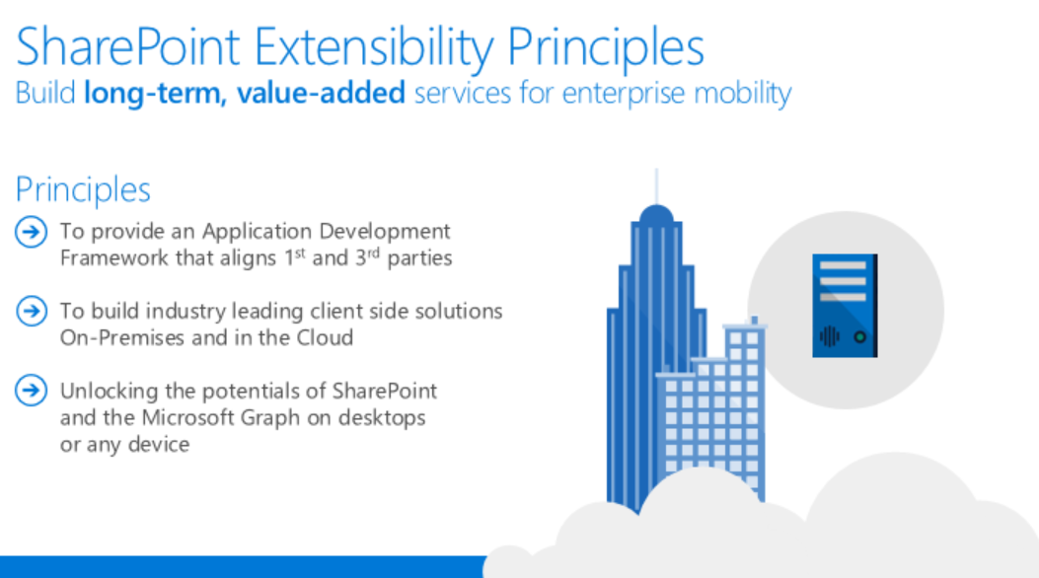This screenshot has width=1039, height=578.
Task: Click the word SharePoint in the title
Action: (x=127, y=47)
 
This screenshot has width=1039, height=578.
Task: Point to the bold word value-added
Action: (x=322, y=93)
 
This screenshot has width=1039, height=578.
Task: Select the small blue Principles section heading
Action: (x=83, y=190)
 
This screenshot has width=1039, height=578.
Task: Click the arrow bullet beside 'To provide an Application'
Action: (x=32, y=232)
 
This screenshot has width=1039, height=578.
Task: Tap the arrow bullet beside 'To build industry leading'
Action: (x=32, y=311)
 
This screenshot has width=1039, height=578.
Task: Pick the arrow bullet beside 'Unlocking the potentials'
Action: (x=32, y=390)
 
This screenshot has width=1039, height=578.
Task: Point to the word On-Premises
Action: (x=122, y=337)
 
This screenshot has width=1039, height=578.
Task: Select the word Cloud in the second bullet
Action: (x=325, y=337)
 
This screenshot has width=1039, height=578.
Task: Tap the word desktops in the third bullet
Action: (x=382, y=418)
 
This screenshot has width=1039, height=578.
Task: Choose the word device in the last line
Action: (x=159, y=444)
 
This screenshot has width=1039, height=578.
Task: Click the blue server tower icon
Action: (x=845, y=305)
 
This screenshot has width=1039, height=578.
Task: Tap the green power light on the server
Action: (x=860, y=337)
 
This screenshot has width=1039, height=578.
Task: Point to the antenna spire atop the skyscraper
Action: (x=657, y=186)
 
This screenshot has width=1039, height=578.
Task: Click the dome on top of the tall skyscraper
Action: (x=657, y=214)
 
